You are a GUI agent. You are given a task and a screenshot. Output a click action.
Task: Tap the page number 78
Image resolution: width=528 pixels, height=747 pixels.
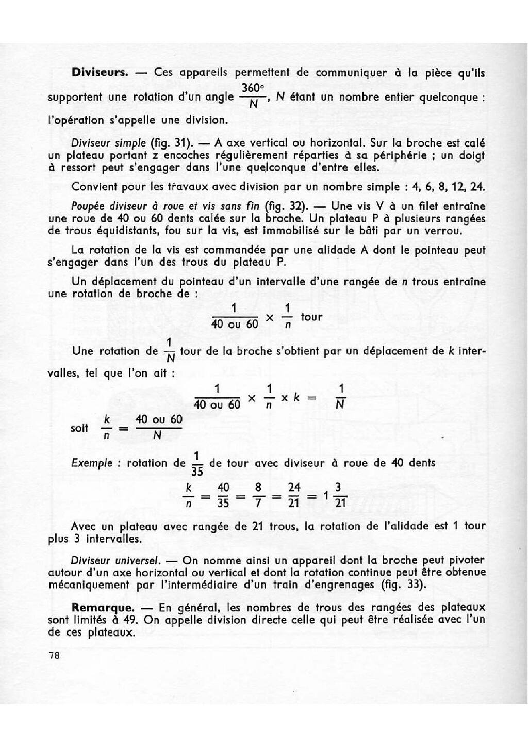pos(54,656)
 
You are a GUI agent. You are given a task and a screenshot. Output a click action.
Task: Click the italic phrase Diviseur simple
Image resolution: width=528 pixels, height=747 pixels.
pos(108,143)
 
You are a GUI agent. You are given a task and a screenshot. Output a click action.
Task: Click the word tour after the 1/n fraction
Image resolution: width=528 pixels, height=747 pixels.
pos(311,317)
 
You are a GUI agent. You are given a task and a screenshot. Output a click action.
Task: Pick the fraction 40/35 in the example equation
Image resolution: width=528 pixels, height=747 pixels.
pos(223,495)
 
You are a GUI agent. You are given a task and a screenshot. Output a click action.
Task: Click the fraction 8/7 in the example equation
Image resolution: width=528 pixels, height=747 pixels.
pos(258,495)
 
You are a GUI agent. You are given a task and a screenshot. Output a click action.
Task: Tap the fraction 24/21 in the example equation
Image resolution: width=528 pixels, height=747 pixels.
pos(294,495)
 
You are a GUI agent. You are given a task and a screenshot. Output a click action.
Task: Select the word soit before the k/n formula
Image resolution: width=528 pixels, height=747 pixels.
pos(79,428)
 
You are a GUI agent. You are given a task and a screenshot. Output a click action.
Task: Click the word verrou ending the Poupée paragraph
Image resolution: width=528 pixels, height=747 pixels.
pos(445,231)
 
